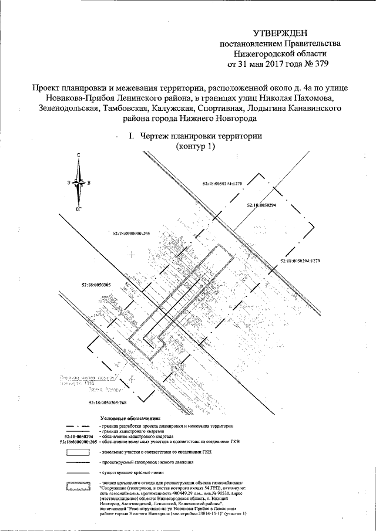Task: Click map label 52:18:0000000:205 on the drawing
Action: pyautogui.click(x=131, y=234)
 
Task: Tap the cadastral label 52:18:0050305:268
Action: pyautogui.click(x=108, y=403)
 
